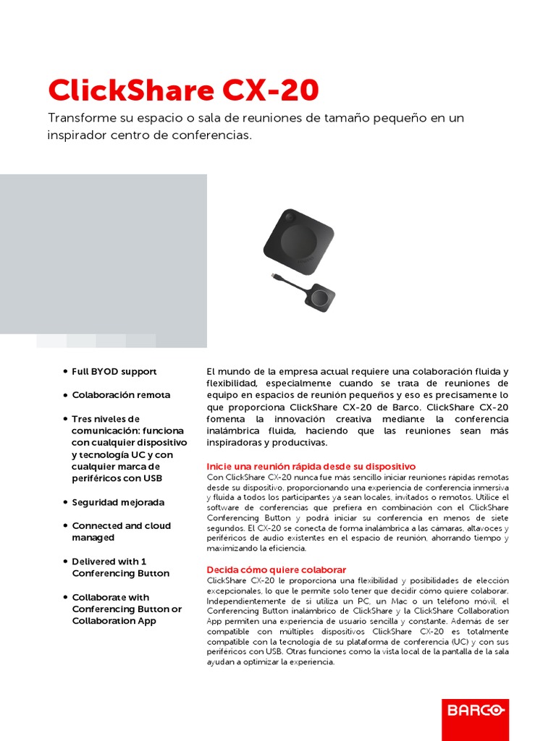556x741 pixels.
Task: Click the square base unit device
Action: [298, 240]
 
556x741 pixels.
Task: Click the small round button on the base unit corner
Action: [290, 216]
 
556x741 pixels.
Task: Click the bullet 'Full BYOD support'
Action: [114, 371]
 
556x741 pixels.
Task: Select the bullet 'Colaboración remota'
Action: [121, 395]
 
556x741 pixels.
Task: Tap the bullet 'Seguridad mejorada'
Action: [118, 502]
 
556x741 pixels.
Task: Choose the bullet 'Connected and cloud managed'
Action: [121, 532]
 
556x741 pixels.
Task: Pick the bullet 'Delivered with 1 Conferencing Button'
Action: [120, 567]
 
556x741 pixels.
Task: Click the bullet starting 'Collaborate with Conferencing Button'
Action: [126, 609]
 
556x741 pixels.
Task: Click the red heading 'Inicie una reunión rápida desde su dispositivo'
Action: [311, 466]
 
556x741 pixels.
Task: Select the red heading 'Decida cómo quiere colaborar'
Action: [277, 569]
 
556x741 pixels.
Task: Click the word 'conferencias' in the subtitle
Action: [215, 135]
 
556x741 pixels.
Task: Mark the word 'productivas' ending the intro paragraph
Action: [302, 442]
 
